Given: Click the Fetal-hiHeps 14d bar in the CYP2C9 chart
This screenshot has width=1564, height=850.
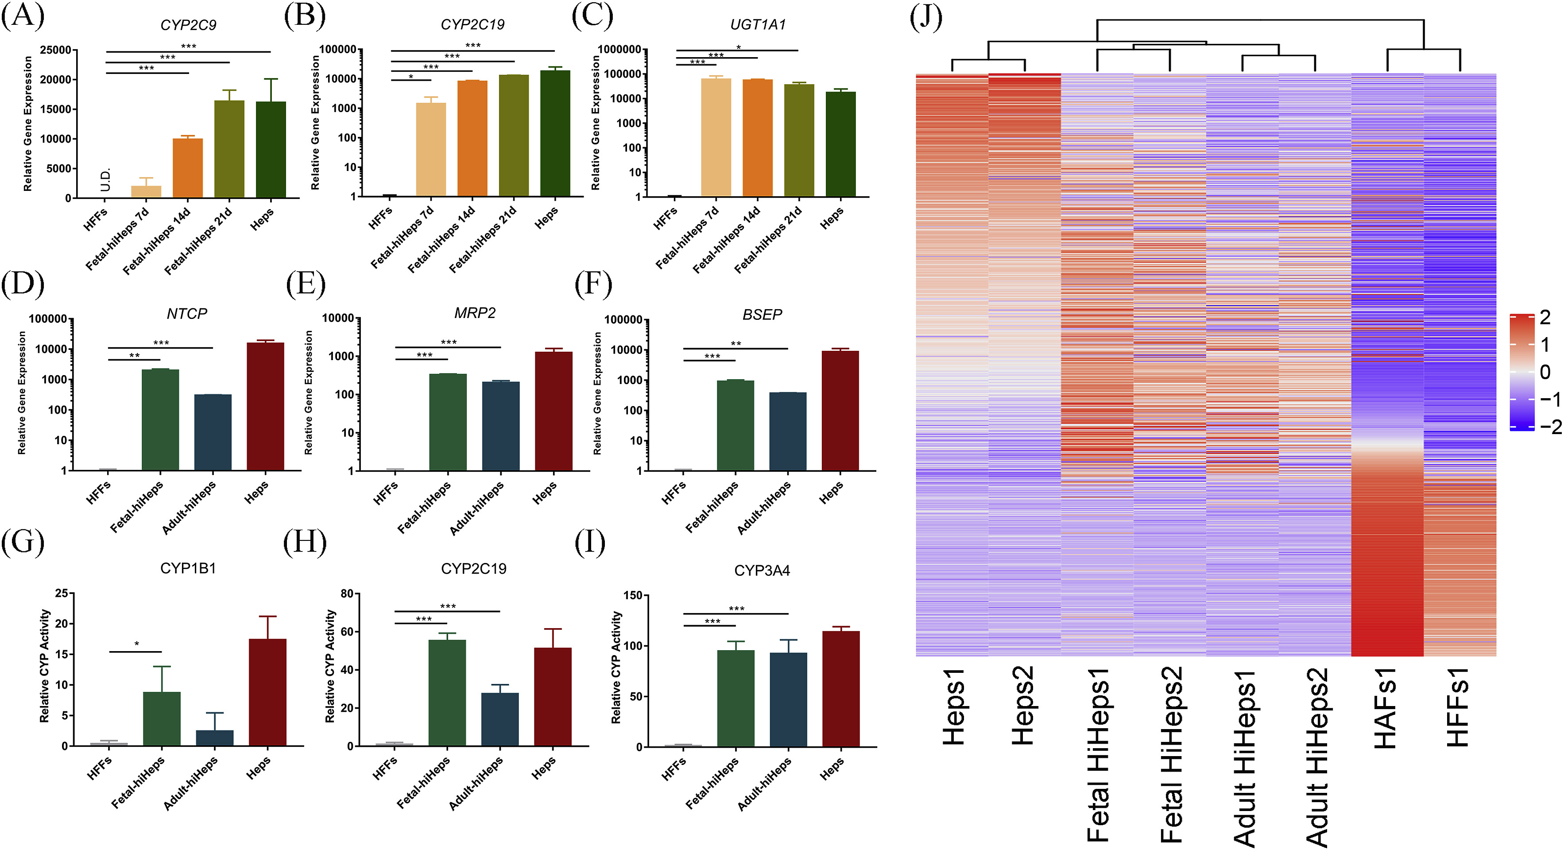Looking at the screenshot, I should pos(188,168).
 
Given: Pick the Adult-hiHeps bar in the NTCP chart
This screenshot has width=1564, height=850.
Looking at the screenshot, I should pos(213,432).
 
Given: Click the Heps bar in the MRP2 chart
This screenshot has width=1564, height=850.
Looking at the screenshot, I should pos(553,411).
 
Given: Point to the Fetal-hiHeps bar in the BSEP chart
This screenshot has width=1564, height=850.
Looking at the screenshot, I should pos(735,425).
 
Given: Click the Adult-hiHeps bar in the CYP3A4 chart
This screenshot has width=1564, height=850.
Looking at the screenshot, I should pos(788,699).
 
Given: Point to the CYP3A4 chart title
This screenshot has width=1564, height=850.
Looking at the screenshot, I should pos(762,571).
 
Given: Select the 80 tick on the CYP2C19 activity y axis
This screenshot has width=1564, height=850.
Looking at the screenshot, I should pos(347,594).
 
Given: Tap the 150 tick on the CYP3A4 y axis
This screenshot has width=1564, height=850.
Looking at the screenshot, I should pos(633,596).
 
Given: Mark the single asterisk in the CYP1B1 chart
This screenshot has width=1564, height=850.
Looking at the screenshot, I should pos(137,644).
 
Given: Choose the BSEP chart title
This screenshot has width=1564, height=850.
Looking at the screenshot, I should pos(762,314).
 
